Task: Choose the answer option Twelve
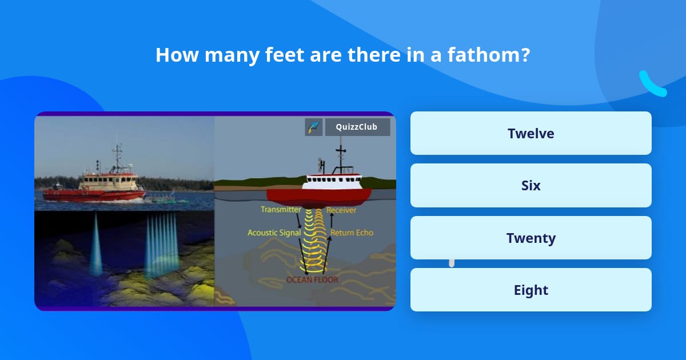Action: pos(531,133)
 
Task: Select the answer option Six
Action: pos(531,185)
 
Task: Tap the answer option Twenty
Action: pos(531,238)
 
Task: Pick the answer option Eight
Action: pos(531,290)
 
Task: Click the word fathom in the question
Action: pos(488,55)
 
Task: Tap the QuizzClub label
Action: pos(357,127)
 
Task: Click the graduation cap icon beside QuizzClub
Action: pos(313,127)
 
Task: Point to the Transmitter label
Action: pos(281,209)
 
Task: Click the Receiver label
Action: pos(341,210)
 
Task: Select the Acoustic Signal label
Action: pos(274,233)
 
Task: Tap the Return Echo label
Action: pos(352,233)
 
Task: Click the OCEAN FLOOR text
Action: pos(312,279)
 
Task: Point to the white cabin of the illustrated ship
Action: pos(332,182)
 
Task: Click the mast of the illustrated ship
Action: pos(341,156)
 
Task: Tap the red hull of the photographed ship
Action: pos(93,195)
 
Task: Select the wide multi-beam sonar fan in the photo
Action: pos(162,245)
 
